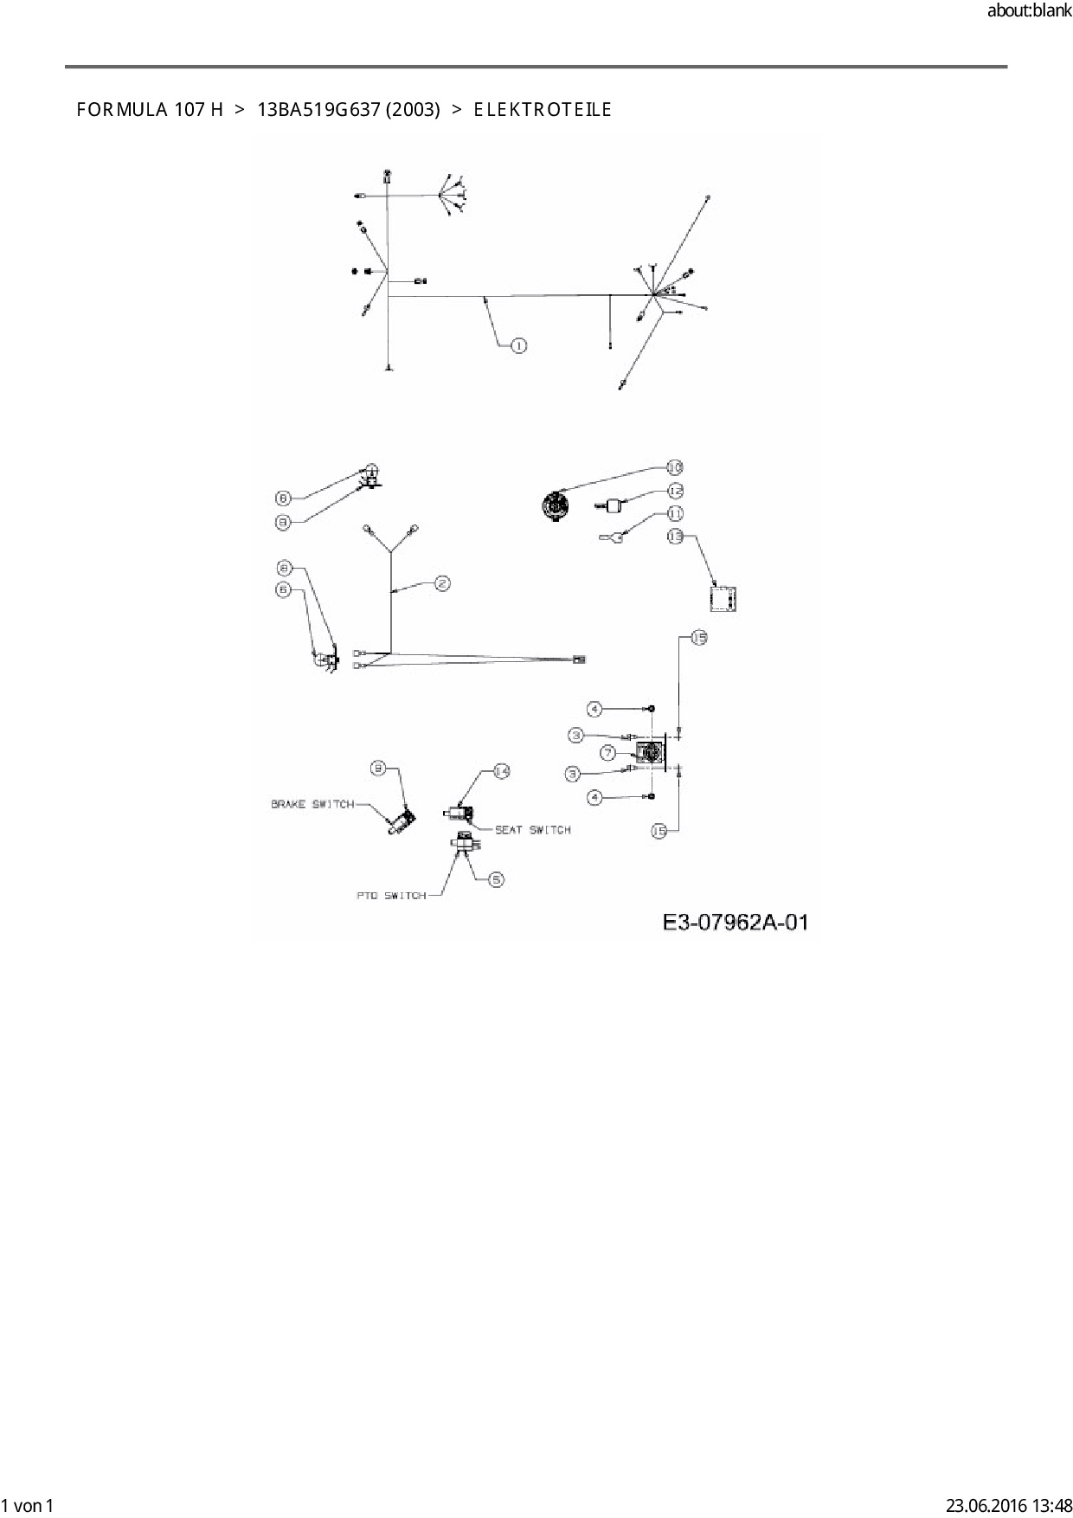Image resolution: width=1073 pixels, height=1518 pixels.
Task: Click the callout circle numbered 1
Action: (518, 346)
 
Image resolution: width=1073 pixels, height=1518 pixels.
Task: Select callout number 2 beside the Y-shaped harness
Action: (442, 583)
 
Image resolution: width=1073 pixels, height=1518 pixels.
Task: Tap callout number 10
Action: (674, 467)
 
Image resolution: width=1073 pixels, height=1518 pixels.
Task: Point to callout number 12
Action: (675, 489)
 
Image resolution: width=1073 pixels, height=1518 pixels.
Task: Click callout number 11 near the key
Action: (675, 513)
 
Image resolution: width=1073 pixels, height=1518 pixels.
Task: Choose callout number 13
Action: (675, 537)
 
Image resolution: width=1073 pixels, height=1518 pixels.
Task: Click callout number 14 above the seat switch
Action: (501, 771)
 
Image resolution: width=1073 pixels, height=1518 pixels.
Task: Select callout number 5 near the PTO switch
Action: (496, 879)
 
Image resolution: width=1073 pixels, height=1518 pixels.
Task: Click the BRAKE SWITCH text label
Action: (312, 804)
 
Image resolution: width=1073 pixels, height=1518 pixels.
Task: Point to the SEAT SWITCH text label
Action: (532, 830)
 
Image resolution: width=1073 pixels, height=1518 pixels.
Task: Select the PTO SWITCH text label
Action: (391, 896)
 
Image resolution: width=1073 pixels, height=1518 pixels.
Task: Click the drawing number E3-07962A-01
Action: (736, 923)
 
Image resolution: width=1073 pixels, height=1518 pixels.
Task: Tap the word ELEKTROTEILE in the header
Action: (543, 110)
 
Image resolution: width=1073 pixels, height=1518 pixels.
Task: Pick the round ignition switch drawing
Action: (555, 505)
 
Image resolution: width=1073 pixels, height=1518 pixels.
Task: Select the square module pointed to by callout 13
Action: (722, 599)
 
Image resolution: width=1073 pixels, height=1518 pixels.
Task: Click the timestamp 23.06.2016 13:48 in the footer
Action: (1008, 1506)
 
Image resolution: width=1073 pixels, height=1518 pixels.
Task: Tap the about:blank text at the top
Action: (1029, 11)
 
